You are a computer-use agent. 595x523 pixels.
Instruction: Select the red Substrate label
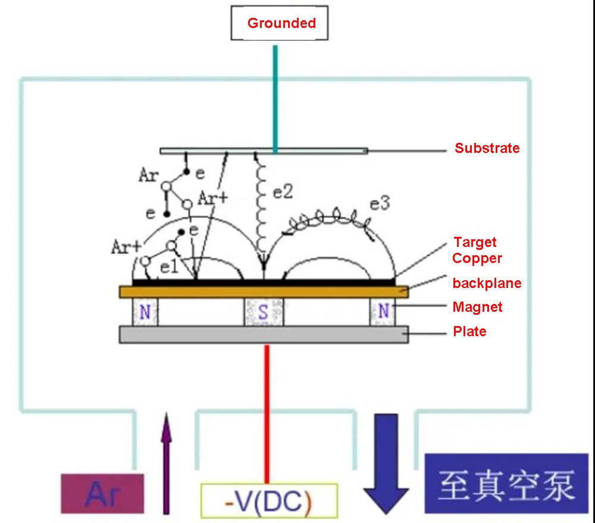coord(487,148)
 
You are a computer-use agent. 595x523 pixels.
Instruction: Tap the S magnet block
coord(264,312)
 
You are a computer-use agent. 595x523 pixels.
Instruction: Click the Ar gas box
coord(102,493)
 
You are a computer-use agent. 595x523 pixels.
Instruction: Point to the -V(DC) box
coord(269,499)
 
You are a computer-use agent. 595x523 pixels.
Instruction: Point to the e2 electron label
coord(283,192)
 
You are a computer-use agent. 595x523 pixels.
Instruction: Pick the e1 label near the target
coord(169,268)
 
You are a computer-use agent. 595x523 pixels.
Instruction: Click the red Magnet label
coord(477,307)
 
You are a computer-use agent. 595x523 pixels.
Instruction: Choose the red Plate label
coord(469,331)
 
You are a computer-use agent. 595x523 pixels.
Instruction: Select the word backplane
coord(487,283)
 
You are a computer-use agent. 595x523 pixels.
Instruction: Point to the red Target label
coord(475,242)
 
